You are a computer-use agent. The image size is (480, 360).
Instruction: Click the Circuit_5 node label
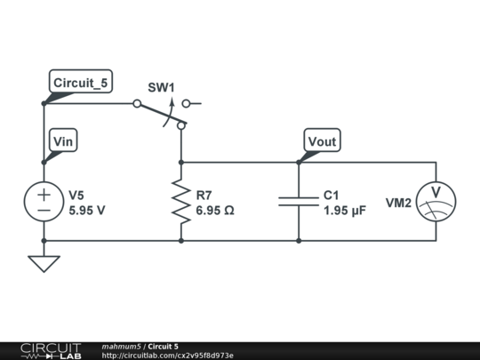tap(80, 84)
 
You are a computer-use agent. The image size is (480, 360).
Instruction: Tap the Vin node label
tap(63, 141)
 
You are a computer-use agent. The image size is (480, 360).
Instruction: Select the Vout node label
tap(321, 141)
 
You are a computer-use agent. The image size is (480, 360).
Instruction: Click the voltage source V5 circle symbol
tap(44, 202)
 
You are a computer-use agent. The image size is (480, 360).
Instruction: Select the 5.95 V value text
tap(87, 212)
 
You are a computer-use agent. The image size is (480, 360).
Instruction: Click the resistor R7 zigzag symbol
tap(181, 202)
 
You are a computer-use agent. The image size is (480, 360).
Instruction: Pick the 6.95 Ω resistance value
tap(215, 212)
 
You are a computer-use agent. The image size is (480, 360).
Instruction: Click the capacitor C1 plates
tap(299, 202)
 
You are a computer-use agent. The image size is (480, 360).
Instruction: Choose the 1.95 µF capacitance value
tap(345, 212)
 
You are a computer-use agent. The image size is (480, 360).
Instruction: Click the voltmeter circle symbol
tap(436, 202)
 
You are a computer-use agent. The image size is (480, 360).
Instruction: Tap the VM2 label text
tap(398, 203)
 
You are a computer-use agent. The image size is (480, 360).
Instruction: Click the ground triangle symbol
tap(44, 263)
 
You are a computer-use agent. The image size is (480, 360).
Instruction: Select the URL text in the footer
tap(168, 356)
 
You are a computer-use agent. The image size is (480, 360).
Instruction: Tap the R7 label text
tap(204, 195)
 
